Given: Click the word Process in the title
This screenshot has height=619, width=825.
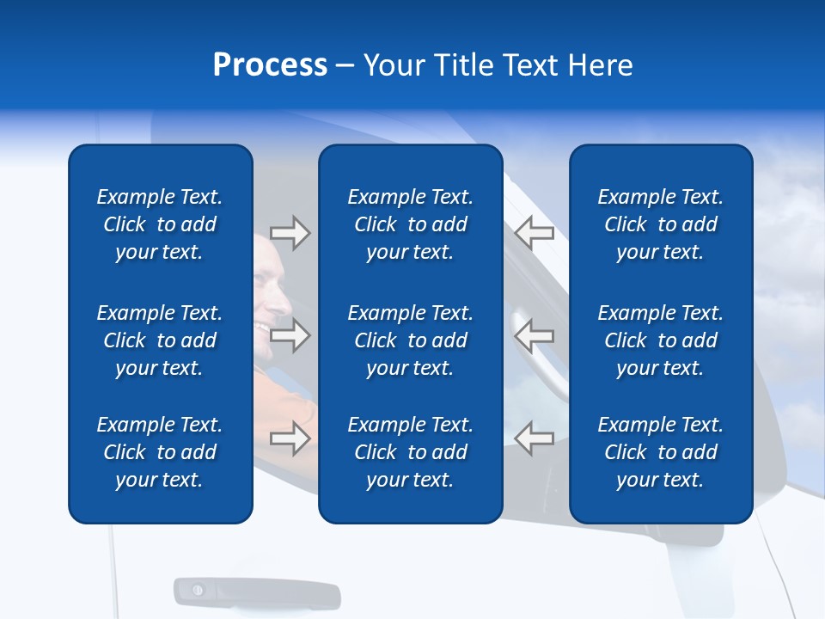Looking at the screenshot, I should tap(270, 65).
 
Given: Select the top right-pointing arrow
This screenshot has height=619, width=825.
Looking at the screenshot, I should tap(290, 233).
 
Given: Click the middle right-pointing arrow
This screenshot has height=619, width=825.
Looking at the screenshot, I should tap(290, 334).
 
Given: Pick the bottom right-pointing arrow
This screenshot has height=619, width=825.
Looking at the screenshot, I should tap(290, 438).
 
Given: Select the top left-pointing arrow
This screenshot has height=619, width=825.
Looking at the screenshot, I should tap(534, 233).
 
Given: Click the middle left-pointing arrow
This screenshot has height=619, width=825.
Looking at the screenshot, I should tap(534, 334).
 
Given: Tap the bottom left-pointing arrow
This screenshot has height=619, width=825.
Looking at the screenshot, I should tap(534, 438).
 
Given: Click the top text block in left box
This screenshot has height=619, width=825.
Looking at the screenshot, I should tap(160, 224).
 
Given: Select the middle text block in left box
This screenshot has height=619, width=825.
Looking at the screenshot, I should tap(160, 340).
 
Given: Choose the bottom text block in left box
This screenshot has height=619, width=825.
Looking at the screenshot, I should tap(160, 452).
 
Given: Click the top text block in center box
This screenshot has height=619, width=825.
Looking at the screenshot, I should tap(410, 224).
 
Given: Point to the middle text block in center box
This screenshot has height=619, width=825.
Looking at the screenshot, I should tap(410, 340).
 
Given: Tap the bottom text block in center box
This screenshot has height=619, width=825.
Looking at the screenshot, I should tap(410, 452).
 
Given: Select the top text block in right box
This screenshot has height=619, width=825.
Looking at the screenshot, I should tap(660, 224).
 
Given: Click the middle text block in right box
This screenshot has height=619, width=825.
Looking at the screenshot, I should tap(660, 340).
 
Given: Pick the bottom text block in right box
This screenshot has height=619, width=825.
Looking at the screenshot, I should tap(660, 452).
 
